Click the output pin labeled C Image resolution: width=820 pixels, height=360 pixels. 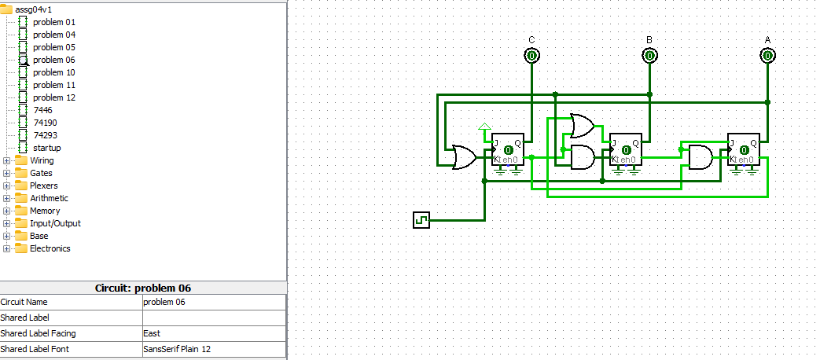coord(532,56)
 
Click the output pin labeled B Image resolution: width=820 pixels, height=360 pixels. coord(649,56)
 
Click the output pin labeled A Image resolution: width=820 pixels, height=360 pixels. coord(767,56)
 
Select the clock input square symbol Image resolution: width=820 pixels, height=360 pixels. coord(421,220)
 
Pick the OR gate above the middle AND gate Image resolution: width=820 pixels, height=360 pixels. coord(583,126)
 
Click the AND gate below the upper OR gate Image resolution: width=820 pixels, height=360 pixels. coord(583,157)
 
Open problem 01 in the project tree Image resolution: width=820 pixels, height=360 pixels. coord(53,22)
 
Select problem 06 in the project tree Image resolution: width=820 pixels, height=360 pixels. coord(53,60)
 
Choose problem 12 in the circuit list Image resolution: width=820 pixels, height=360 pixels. coord(53,97)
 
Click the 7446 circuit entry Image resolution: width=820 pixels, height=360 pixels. coord(43,110)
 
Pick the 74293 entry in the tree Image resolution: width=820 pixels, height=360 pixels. coord(46,135)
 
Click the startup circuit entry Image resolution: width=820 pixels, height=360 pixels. coord(46,148)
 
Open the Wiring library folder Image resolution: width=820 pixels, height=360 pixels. coord(42,160)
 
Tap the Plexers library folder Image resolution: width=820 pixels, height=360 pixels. coord(43,186)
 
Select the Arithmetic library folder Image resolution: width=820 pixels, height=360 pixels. coord(49,198)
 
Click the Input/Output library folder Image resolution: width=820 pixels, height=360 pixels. coord(55,223)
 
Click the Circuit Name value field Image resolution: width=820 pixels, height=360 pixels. coord(214,302)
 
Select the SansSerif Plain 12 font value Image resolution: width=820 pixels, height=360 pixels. coord(214,349)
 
